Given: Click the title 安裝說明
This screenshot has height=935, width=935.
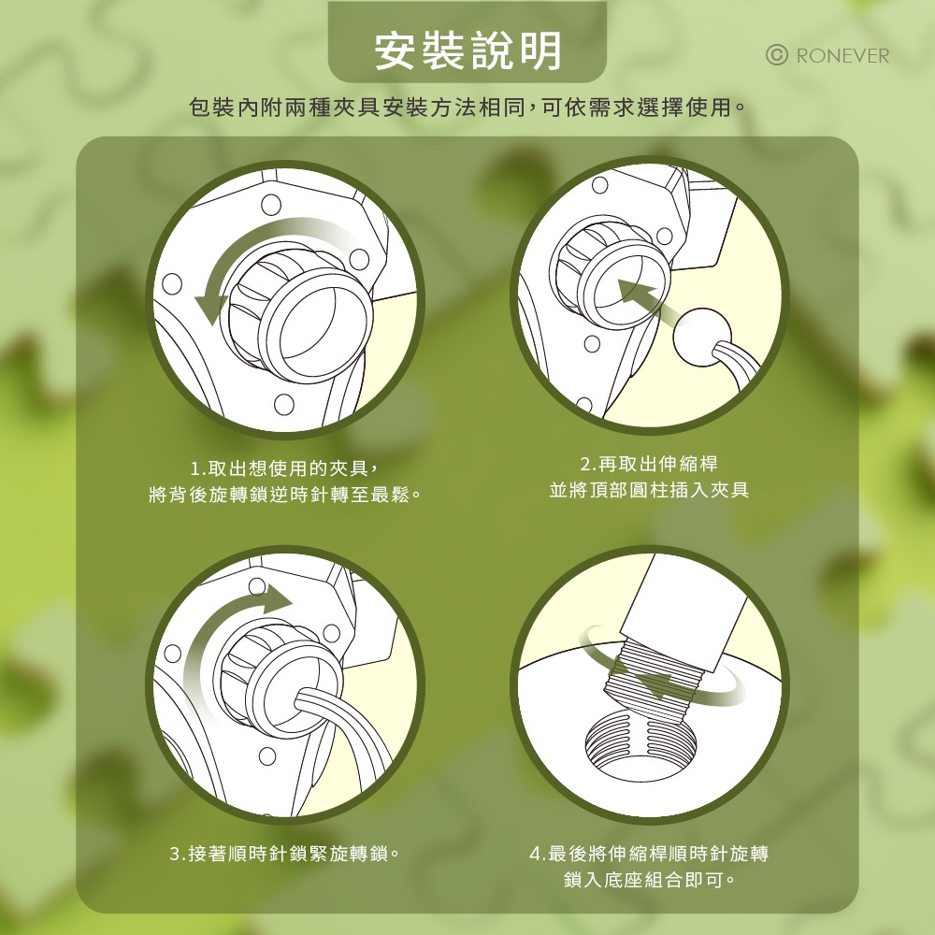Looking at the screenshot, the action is click(467, 50).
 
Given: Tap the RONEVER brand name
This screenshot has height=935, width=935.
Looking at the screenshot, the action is click(842, 56).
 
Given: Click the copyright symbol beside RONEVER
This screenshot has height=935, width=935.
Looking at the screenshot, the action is click(776, 55).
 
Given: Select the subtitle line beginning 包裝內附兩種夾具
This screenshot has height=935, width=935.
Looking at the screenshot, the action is click(467, 108).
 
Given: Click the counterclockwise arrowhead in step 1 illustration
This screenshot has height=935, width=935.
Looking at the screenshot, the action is click(210, 306).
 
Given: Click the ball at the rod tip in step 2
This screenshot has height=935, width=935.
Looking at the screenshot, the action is click(702, 337).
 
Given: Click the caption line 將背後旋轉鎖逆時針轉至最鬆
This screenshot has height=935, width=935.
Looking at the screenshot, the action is click(285, 495).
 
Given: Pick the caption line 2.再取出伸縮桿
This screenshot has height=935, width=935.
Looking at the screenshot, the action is click(649, 464).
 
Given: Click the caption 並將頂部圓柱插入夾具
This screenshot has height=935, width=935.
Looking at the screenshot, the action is click(649, 490).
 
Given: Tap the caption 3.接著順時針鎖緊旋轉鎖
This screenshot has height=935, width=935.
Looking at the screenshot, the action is click(284, 854).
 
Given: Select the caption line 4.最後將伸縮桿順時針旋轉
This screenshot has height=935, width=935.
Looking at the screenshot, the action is click(649, 854).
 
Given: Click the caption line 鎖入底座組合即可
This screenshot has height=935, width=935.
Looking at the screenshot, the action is click(649, 880).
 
